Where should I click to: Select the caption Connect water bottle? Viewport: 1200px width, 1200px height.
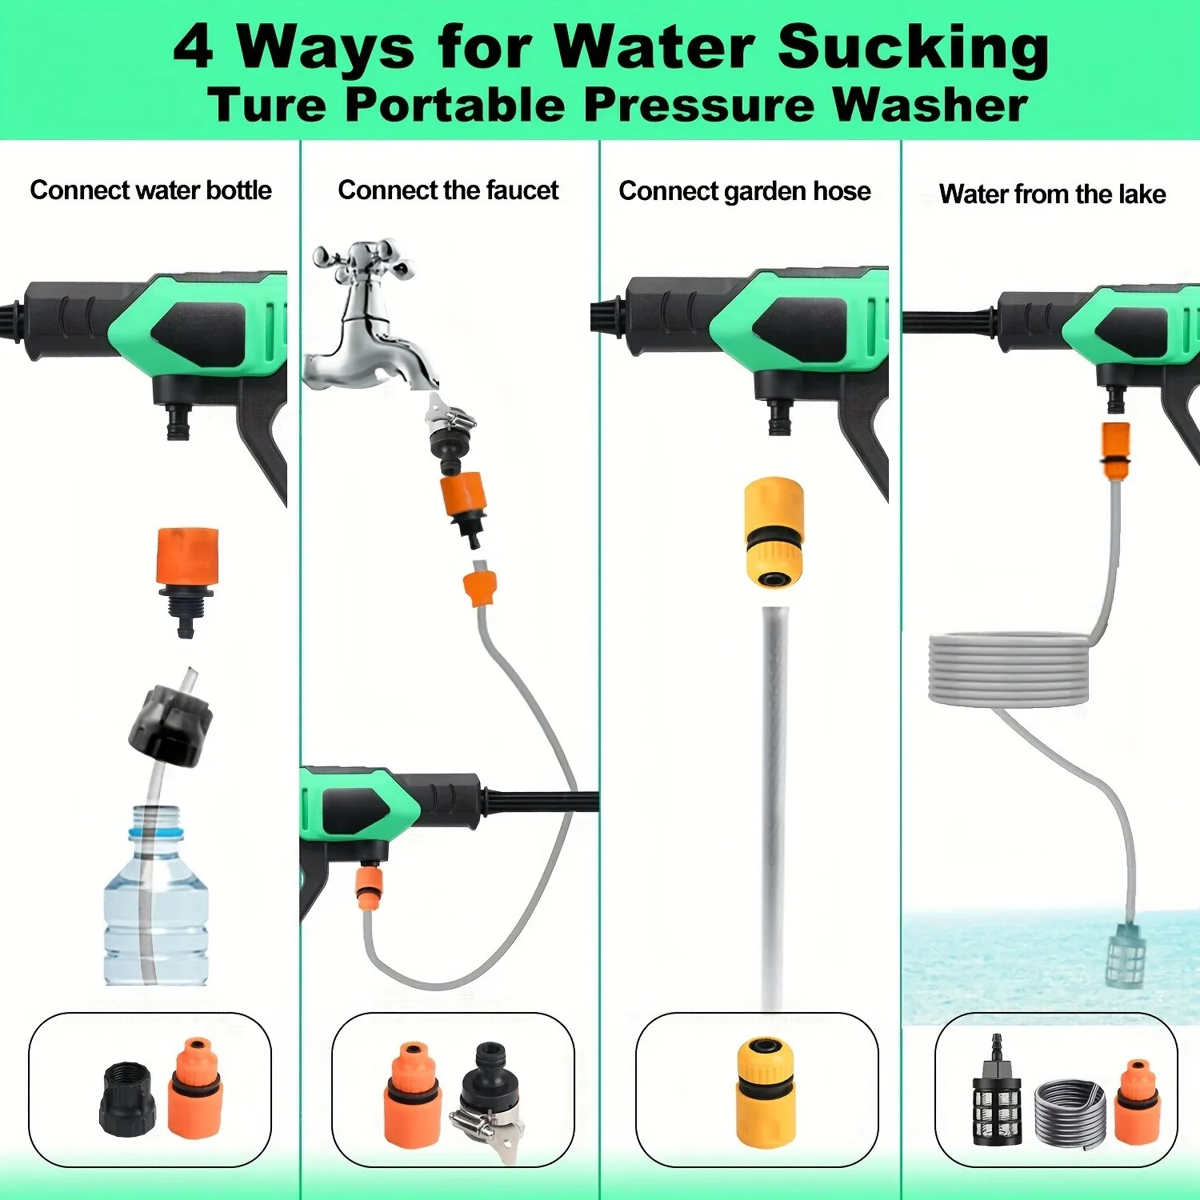click(x=150, y=190)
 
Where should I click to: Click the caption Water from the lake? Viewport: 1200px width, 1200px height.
click(x=1052, y=194)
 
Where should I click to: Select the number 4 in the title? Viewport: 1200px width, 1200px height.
click(x=194, y=47)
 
